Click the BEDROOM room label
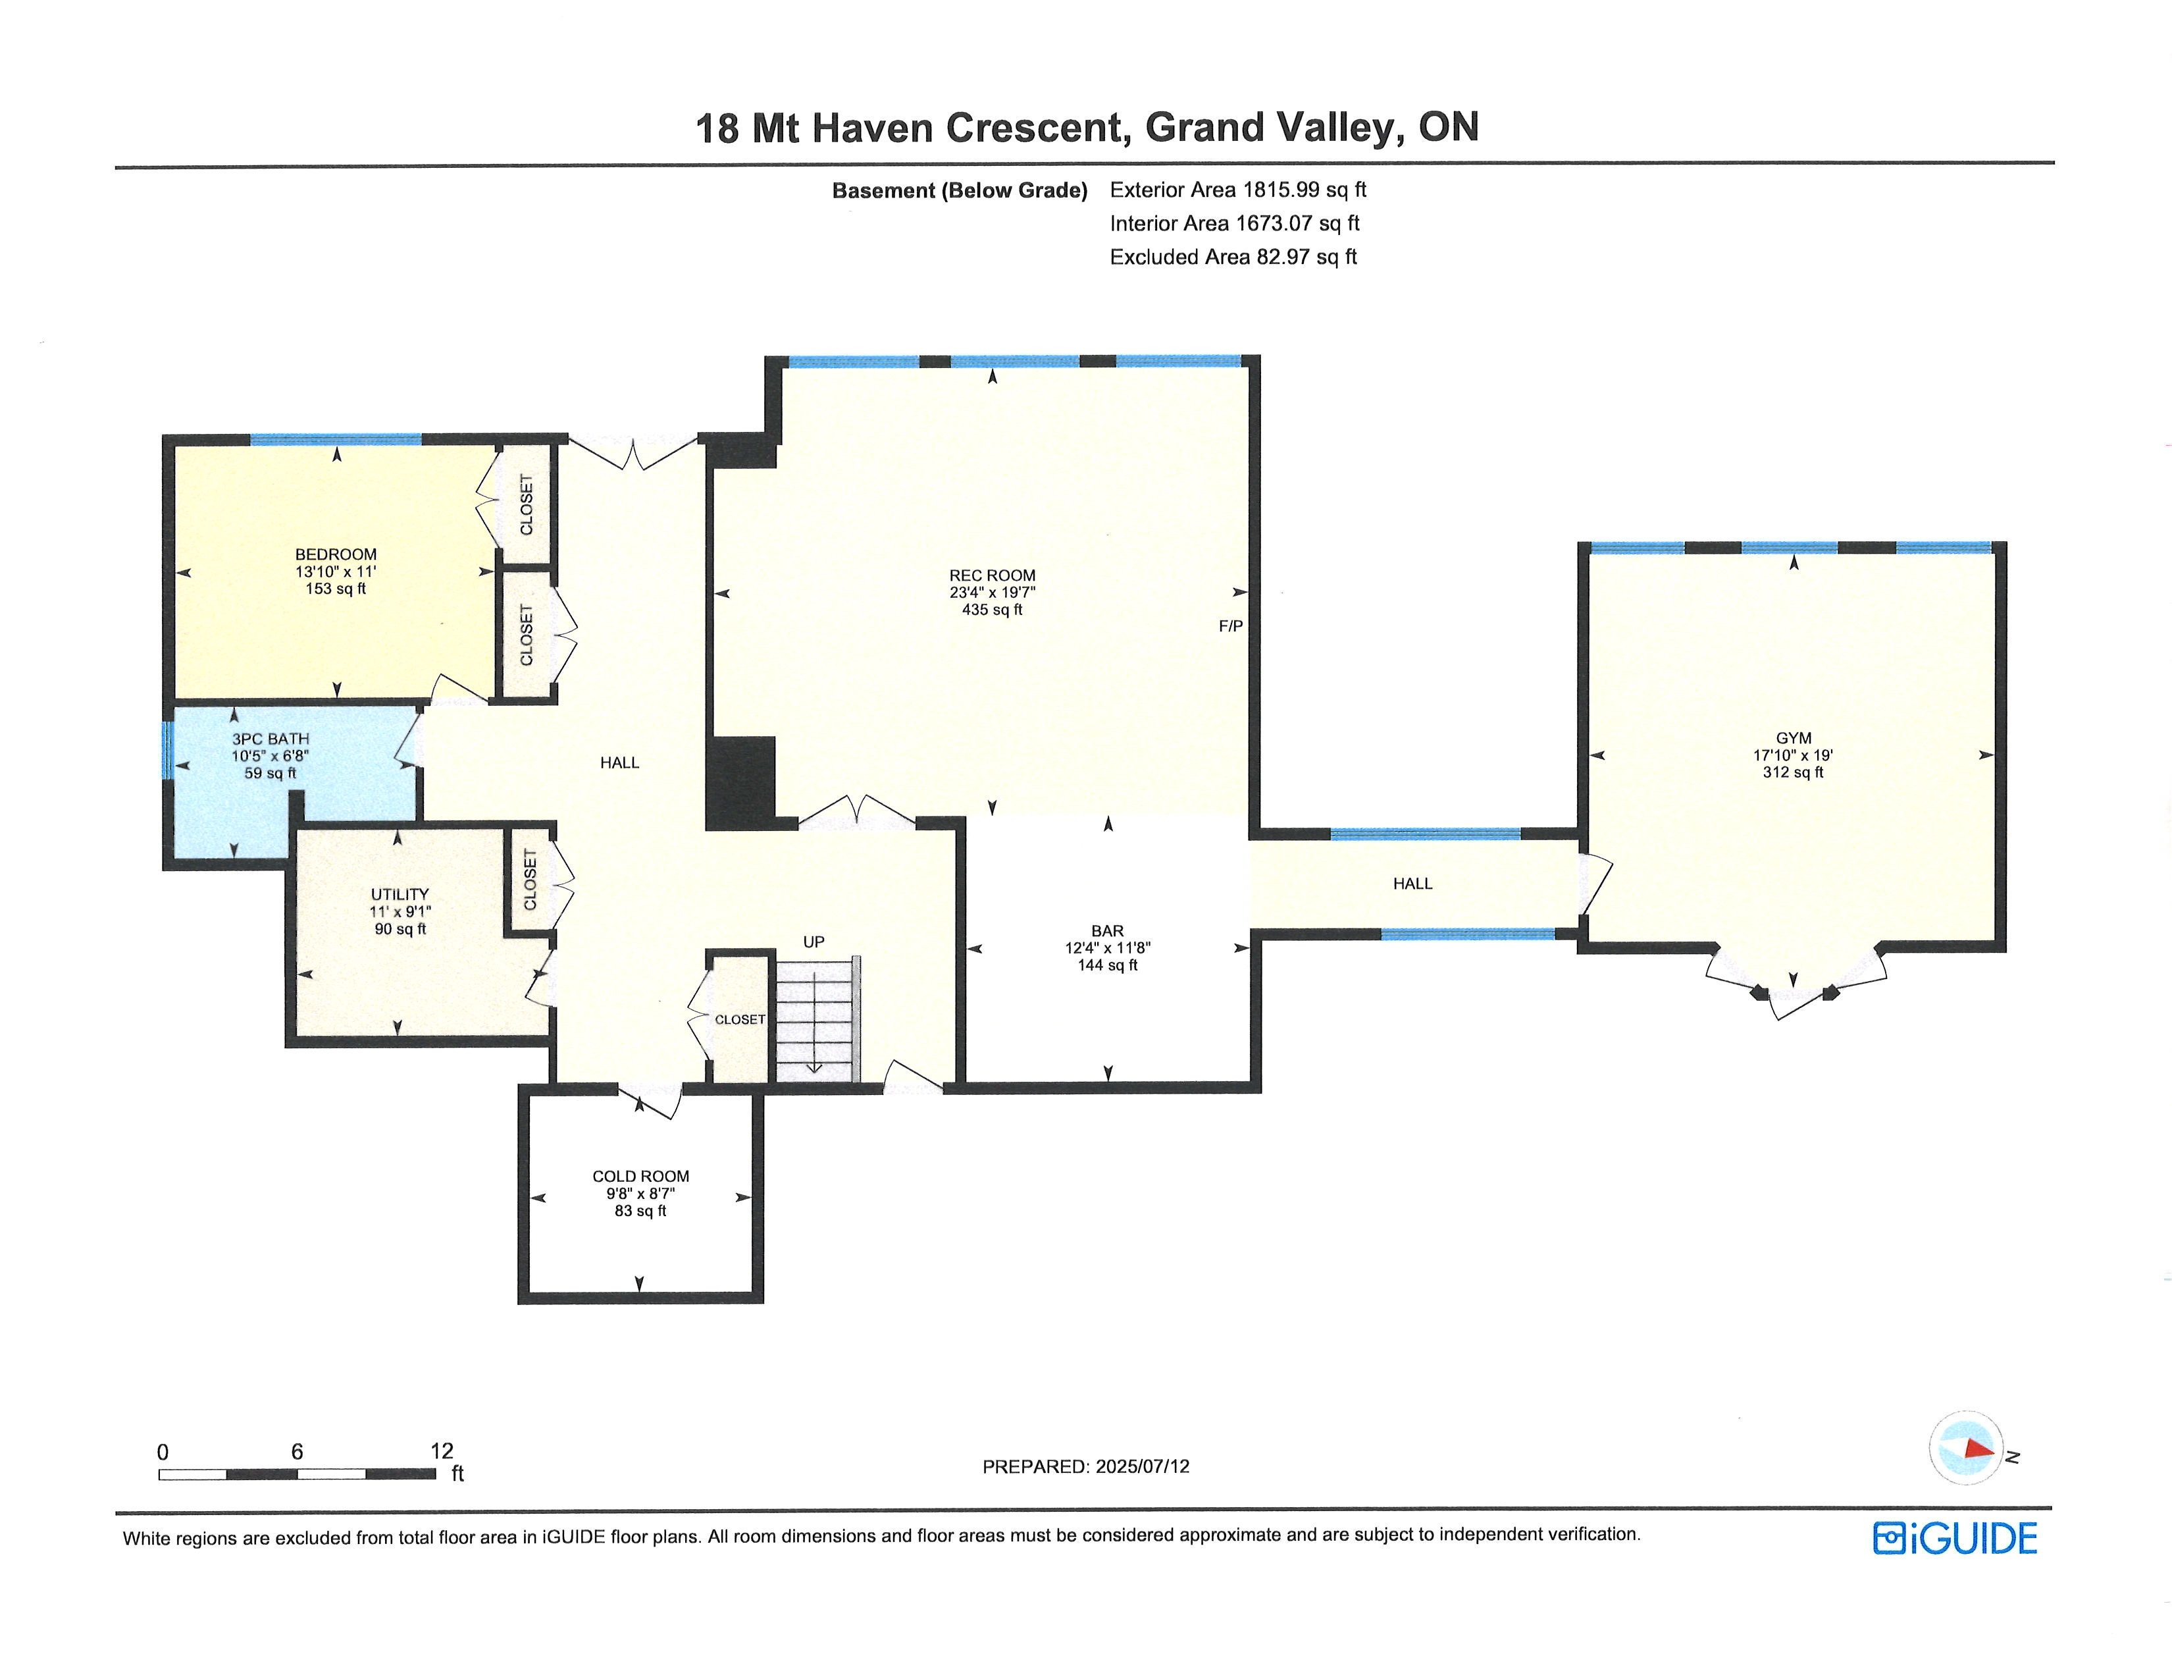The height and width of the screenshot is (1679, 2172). pyautogui.click(x=336, y=554)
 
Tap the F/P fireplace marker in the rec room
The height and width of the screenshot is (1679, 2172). pyautogui.click(x=1231, y=626)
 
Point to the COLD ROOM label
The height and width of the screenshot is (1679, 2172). pyautogui.click(x=640, y=1177)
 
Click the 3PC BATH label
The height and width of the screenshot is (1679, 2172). pyautogui.click(x=271, y=739)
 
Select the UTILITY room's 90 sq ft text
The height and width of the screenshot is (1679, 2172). pyautogui.click(x=400, y=929)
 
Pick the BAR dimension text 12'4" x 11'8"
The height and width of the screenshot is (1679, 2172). pyautogui.click(x=1108, y=948)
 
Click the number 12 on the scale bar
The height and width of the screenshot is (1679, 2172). pyautogui.click(x=442, y=1451)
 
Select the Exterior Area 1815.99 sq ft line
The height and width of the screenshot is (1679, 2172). pyautogui.click(x=1238, y=189)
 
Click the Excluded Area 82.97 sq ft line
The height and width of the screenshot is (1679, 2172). pyautogui.click(x=1233, y=257)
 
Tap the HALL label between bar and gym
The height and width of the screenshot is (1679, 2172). pyautogui.click(x=1412, y=883)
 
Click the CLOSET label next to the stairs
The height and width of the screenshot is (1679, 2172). pyautogui.click(x=740, y=1019)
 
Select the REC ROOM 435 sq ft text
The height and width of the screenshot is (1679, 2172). pyautogui.click(x=993, y=610)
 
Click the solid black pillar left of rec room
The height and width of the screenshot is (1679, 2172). pyautogui.click(x=740, y=783)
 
